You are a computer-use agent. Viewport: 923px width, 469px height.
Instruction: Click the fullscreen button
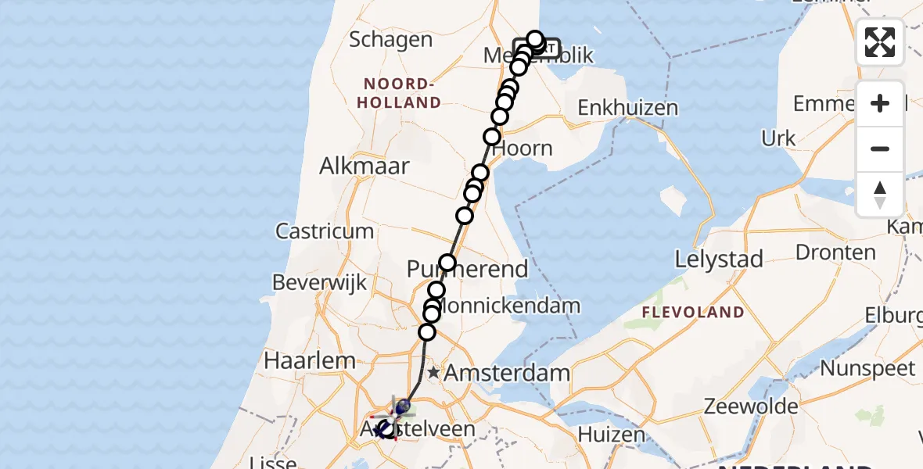[880, 42]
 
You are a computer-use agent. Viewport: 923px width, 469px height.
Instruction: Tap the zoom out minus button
[880, 149]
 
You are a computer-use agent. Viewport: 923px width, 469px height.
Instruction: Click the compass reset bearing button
[880, 194]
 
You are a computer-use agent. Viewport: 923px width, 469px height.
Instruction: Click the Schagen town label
[390, 40]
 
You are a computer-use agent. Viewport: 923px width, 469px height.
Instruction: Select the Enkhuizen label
[627, 108]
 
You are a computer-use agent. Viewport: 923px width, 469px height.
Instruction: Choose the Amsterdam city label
[507, 373]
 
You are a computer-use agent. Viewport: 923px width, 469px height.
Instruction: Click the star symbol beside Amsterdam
[433, 373]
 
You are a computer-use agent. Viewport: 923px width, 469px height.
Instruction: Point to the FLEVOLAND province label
[693, 313]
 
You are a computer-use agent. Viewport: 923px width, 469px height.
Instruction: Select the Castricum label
[325, 231]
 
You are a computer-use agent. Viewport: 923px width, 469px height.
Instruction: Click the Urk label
[778, 139]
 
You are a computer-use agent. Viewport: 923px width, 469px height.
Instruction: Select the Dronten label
[835, 252]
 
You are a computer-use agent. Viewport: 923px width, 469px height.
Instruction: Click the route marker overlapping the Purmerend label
[447, 263]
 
